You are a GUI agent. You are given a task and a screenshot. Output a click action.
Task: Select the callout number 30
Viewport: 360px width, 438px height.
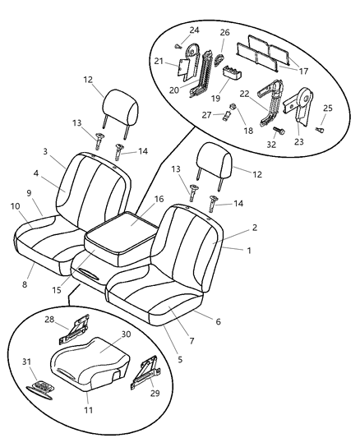pos(126,334)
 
